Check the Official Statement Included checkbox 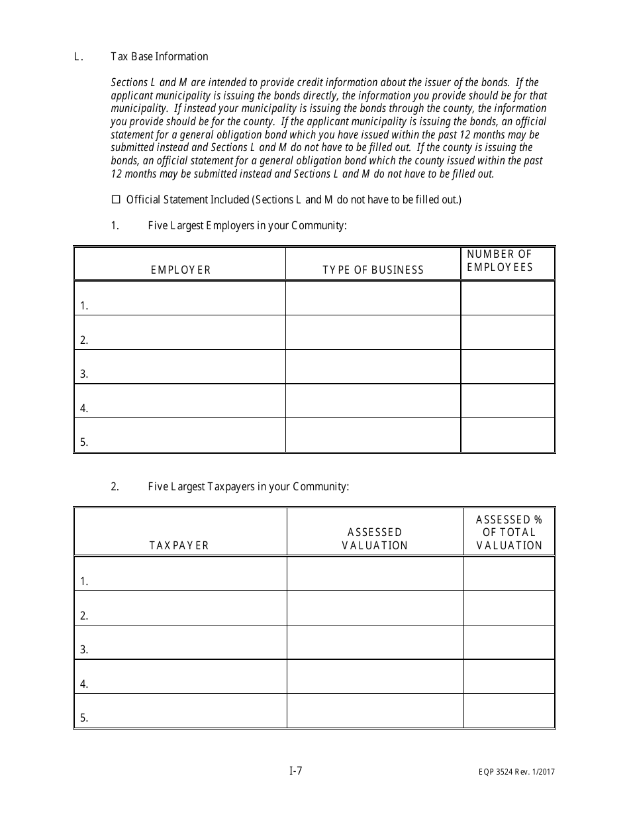[x=117, y=199]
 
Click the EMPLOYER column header [x=181, y=270]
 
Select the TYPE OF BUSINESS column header [x=373, y=270]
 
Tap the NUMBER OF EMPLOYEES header [x=500, y=260]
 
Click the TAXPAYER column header [x=179, y=545]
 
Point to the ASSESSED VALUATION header [x=375, y=539]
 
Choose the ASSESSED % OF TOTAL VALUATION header [x=509, y=532]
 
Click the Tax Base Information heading [x=160, y=56]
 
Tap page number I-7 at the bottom [x=296, y=770]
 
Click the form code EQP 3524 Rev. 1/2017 [x=518, y=771]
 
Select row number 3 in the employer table [x=84, y=374]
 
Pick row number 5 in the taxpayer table [x=84, y=718]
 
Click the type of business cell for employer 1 [x=373, y=298]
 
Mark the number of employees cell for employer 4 [x=507, y=401]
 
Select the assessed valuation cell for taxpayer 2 [x=375, y=608]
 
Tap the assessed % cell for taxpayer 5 [x=508, y=711]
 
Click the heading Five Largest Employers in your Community [x=247, y=225]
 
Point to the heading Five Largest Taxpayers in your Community [x=248, y=486]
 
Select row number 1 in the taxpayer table [x=84, y=582]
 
